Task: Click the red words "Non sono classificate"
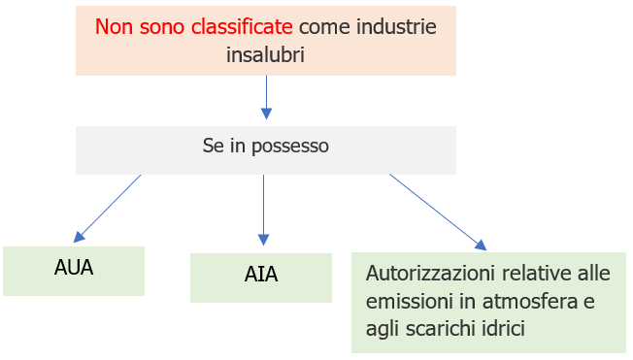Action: pos(194,26)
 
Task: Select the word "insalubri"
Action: pos(265,55)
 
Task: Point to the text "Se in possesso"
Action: pos(265,147)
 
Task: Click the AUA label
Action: pos(74,267)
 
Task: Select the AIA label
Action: pos(261,274)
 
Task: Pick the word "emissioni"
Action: pos(407,301)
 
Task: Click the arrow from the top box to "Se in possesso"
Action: pos(266,97)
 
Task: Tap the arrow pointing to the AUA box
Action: pos(109,207)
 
